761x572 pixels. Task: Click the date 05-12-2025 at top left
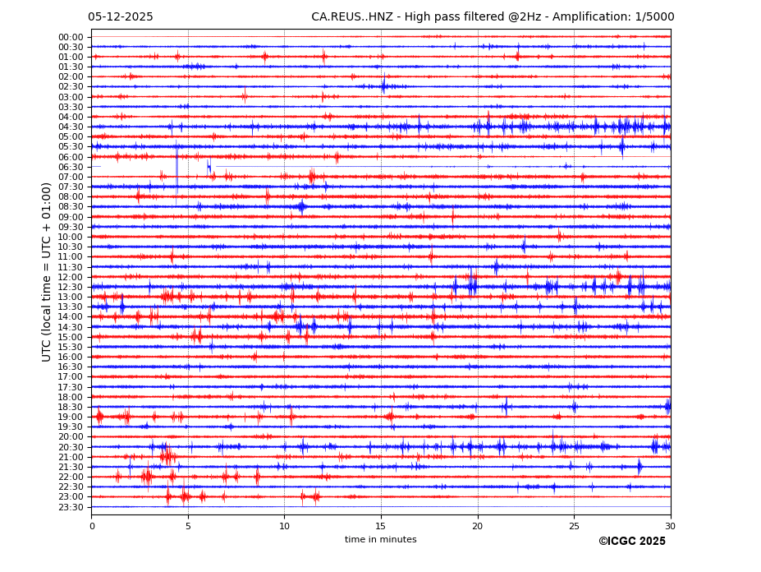tap(120, 17)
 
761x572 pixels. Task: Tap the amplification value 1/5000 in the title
tap(654, 17)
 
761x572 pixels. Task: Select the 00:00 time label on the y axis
tap(71, 37)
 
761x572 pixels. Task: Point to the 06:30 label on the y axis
tap(71, 167)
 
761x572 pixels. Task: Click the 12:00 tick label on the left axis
tap(71, 277)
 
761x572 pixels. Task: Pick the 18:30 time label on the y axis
tap(71, 407)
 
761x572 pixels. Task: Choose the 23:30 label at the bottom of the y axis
tap(71, 507)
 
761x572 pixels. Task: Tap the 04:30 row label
tap(71, 127)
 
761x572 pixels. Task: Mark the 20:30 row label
tap(71, 447)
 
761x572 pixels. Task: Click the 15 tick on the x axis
tap(381, 526)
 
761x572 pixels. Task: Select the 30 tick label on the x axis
tap(670, 526)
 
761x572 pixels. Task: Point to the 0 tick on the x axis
tap(92, 526)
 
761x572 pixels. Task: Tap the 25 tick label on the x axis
tap(574, 526)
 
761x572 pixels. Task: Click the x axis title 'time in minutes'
tap(380, 540)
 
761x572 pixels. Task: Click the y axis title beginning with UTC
tap(47, 271)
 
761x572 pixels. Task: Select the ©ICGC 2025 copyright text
tap(631, 542)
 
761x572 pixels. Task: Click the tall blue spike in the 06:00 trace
tap(176, 168)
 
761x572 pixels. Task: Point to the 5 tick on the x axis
tap(188, 526)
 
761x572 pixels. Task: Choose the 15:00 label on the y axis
tap(71, 337)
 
